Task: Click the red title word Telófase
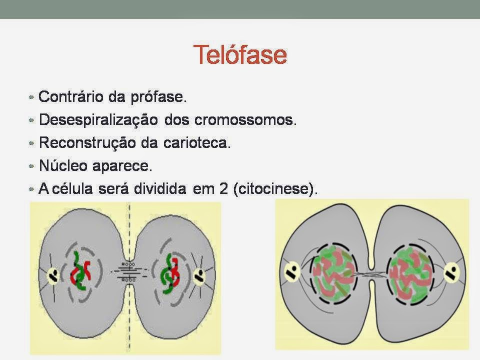point(240,54)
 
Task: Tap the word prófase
point(158,97)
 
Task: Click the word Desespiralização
point(98,119)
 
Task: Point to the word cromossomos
point(246,119)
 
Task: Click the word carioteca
point(197,142)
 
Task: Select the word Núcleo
point(63,165)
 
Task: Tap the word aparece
point(122,166)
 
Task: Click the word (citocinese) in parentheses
point(275,188)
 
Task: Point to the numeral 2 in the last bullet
point(223,188)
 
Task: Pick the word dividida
point(160,188)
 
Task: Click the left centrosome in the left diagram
point(53,275)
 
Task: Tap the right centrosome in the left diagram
point(199,276)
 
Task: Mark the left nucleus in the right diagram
point(333,273)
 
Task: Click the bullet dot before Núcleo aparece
point(31,166)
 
